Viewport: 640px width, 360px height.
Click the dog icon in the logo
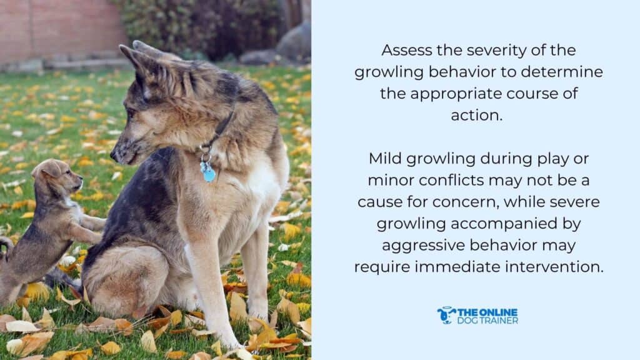pos(446,315)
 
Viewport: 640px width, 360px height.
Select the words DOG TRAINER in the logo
pos(488,321)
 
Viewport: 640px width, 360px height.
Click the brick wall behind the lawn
pos(56,28)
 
